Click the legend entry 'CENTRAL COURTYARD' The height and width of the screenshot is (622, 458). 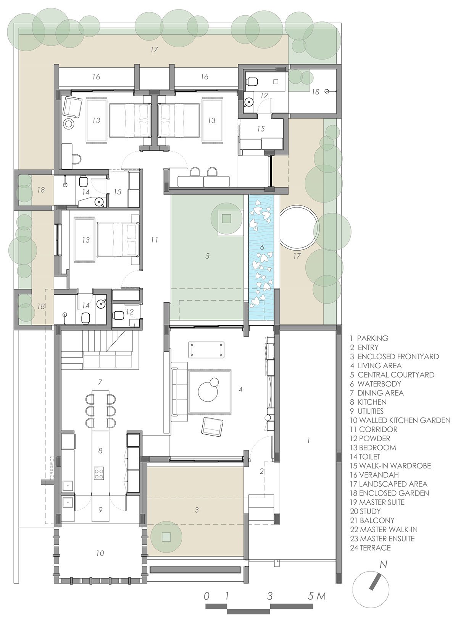pyautogui.click(x=395, y=375)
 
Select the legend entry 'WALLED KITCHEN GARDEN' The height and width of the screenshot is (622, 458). pyautogui.click(x=399, y=420)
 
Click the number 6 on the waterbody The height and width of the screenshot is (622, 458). pyautogui.click(x=262, y=248)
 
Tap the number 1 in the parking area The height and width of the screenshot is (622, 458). pyautogui.click(x=308, y=441)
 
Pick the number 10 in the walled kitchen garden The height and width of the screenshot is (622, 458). pyautogui.click(x=100, y=553)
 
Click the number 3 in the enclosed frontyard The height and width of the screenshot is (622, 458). pyautogui.click(x=197, y=510)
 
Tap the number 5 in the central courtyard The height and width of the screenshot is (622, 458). pyautogui.click(x=207, y=256)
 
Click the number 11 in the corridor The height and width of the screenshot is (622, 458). pyautogui.click(x=154, y=240)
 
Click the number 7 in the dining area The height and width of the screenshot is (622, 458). pyautogui.click(x=100, y=382)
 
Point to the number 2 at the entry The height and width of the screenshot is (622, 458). pyautogui.click(x=262, y=471)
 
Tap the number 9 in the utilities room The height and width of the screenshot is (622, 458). pyautogui.click(x=100, y=510)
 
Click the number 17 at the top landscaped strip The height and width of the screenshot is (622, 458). pyautogui.click(x=154, y=50)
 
